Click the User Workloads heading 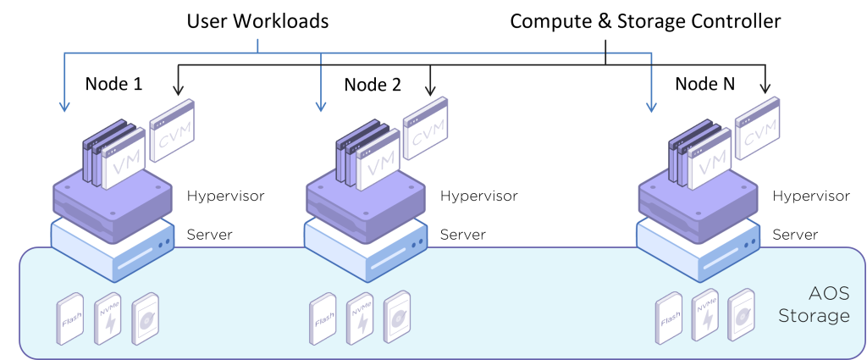tap(257, 21)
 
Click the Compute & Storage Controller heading tap(644, 21)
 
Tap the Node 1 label tap(113, 84)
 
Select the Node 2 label tap(373, 86)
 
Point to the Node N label tap(705, 84)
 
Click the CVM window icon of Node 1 tap(172, 130)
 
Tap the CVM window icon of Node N tap(758, 129)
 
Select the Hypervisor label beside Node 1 tap(225, 197)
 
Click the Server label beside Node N tap(795, 235)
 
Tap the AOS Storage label tap(814, 304)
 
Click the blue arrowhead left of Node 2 tap(320, 106)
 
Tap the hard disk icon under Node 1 tap(146, 318)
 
